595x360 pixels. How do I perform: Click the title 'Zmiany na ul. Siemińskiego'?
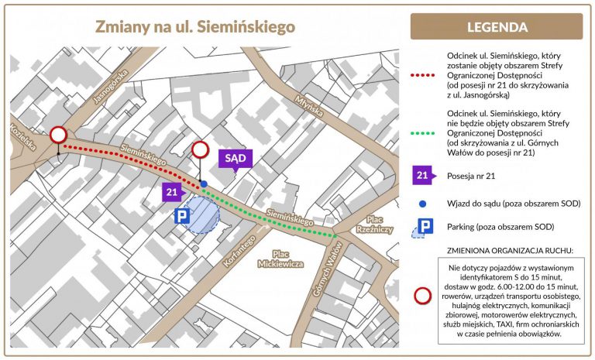(194, 26)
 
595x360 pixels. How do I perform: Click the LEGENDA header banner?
(497, 27)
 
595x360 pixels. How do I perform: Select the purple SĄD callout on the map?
(235, 159)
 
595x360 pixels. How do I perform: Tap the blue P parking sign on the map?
(181, 217)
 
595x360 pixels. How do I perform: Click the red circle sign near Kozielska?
(58, 135)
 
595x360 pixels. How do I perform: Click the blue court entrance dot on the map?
(203, 184)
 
